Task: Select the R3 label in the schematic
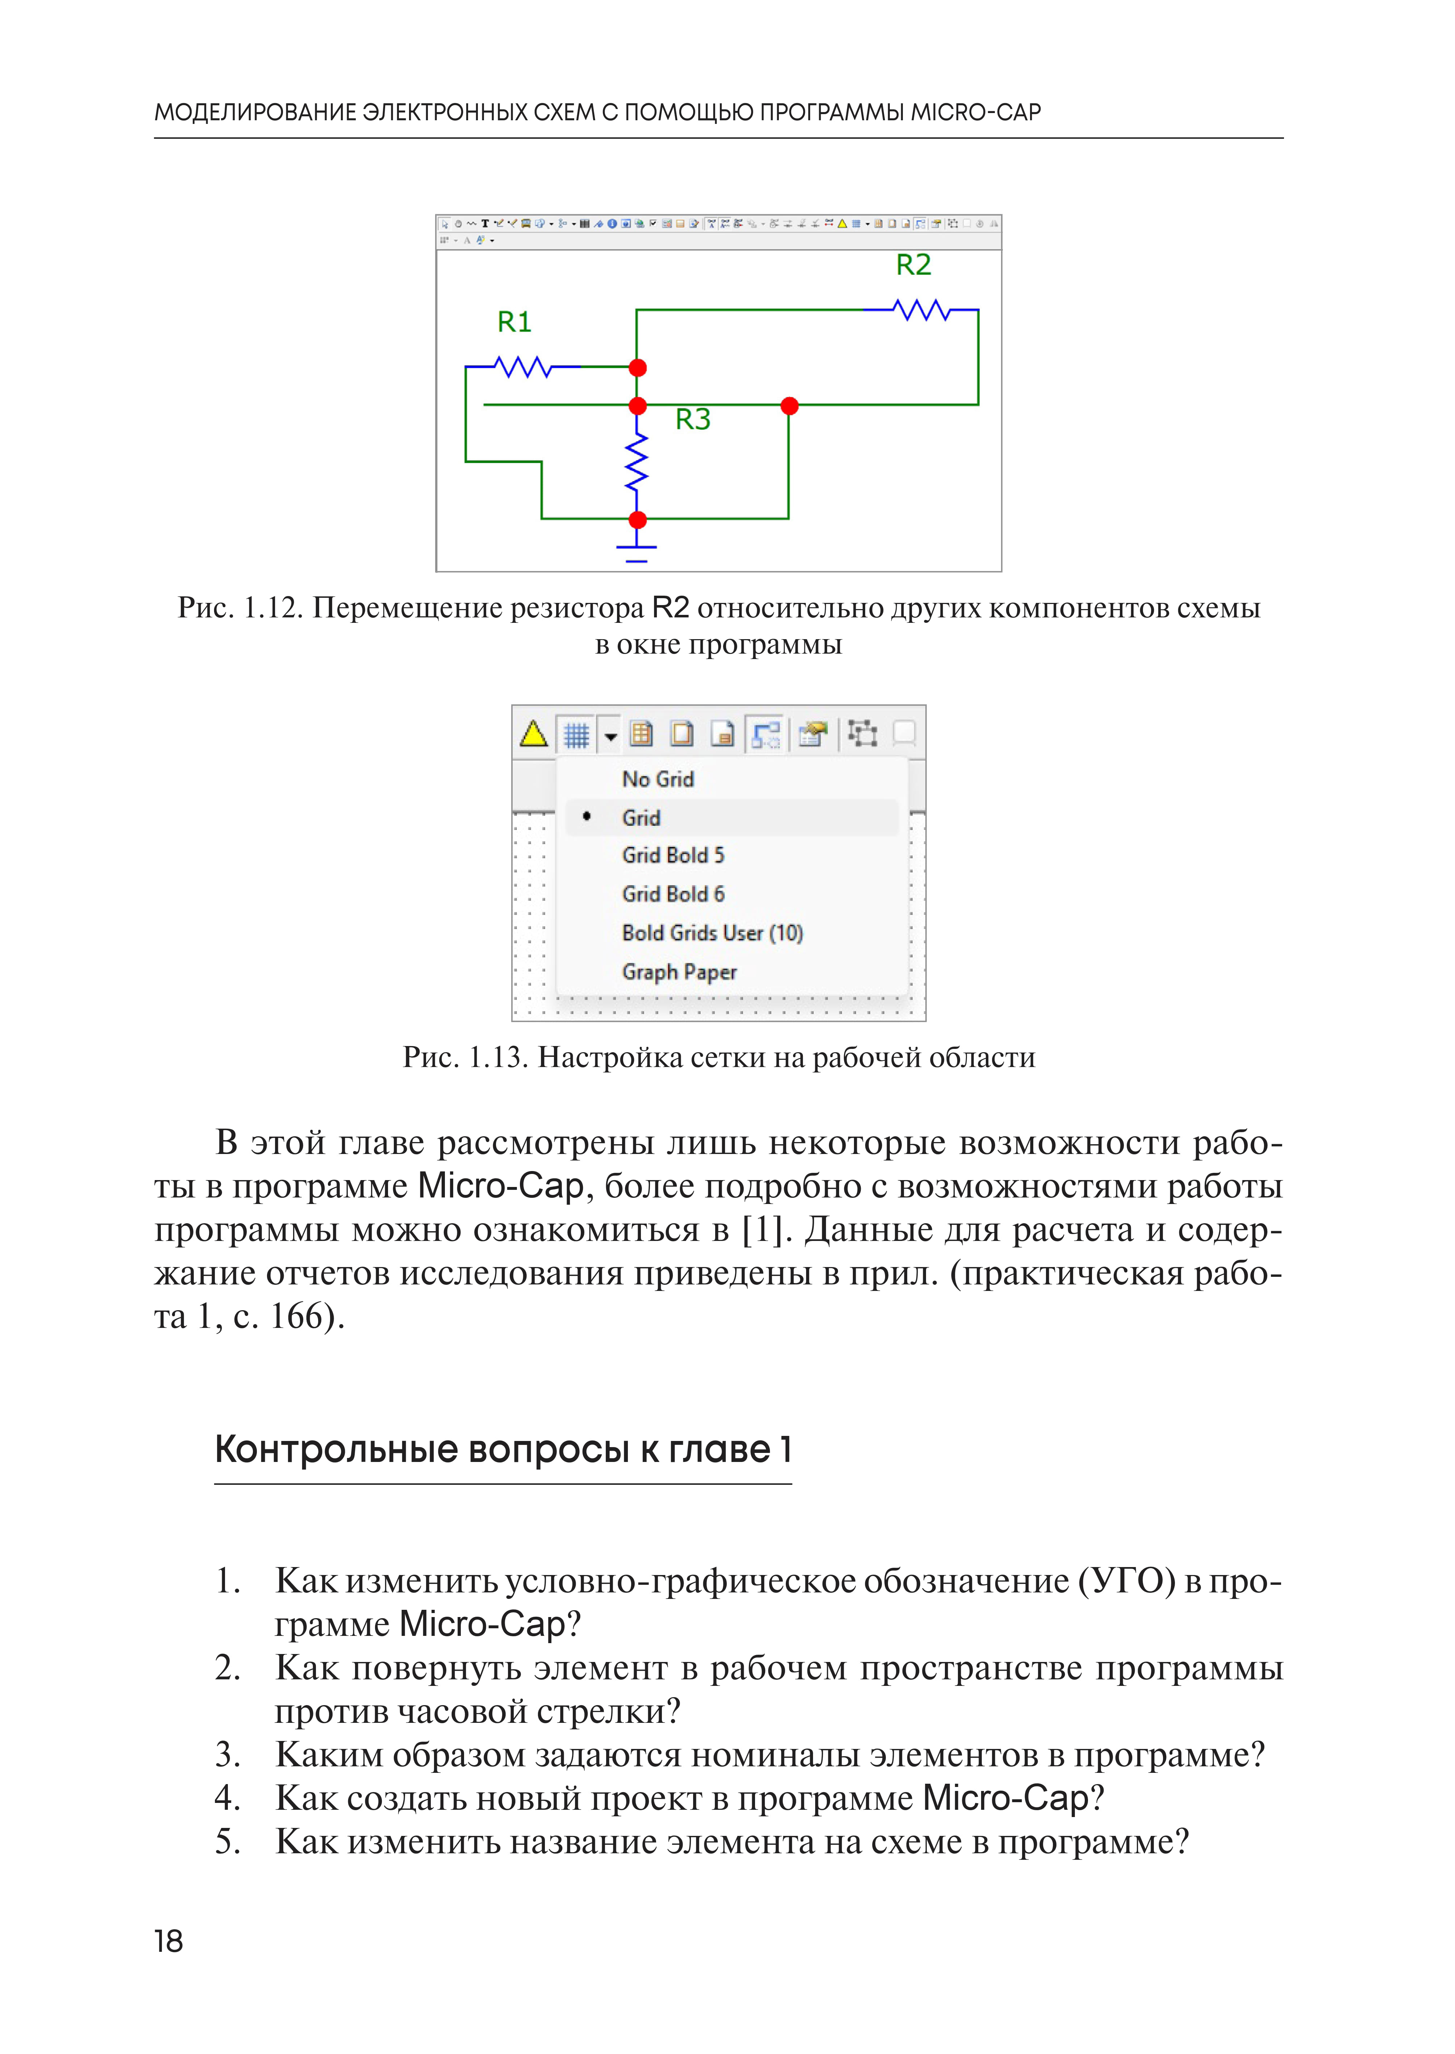(693, 419)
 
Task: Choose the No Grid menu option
(658, 779)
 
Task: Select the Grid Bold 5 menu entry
(673, 855)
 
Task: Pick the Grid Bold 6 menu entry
(673, 894)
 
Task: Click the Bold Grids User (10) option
(712, 933)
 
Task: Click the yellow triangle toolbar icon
(534, 734)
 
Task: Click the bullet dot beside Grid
(587, 816)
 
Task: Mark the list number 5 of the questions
(227, 1843)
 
